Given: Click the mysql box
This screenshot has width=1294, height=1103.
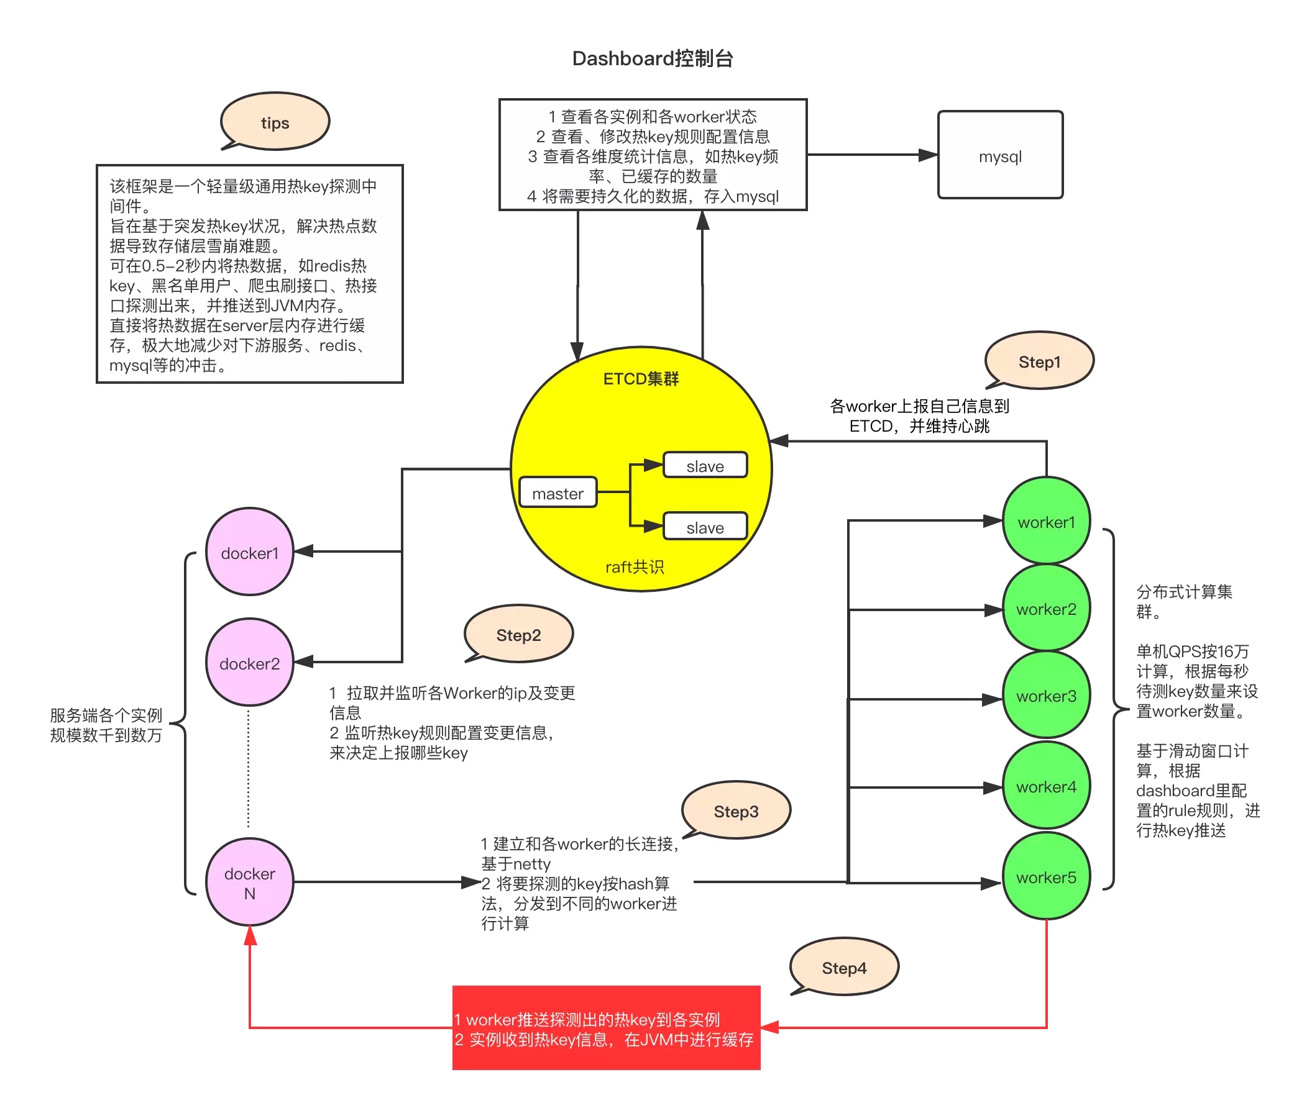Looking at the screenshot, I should tap(1000, 155).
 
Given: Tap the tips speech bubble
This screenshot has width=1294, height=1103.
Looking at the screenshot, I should tap(275, 122).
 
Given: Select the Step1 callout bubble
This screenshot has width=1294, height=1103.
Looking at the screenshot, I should tap(1039, 361).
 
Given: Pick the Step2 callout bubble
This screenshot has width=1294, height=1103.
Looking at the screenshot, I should tap(518, 635).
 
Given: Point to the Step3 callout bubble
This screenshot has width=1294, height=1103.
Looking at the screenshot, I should tap(736, 811).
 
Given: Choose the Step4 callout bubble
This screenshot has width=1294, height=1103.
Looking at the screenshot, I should tap(844, 968).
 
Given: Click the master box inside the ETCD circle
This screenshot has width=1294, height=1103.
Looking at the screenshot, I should tap(558, 493).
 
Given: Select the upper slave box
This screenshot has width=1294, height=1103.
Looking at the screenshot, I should tap(705, 466).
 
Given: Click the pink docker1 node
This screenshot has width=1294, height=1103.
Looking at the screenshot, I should tap(250, 553).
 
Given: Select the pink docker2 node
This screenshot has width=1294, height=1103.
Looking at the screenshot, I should tap(250, 663).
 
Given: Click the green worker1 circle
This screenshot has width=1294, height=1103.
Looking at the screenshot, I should tap(1046, 522).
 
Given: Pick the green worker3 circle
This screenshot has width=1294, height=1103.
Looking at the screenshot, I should tap(1046, 696).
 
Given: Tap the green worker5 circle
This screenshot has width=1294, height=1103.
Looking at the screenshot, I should tap(1046, 877).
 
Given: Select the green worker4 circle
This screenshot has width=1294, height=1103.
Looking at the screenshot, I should tap(1046, 786).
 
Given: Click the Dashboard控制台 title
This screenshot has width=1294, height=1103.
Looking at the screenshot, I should tap(653, 58).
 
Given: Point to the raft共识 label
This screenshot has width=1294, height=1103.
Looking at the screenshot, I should tap(635, 567).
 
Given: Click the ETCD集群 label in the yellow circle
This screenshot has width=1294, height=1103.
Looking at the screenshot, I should tap(641, 379).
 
